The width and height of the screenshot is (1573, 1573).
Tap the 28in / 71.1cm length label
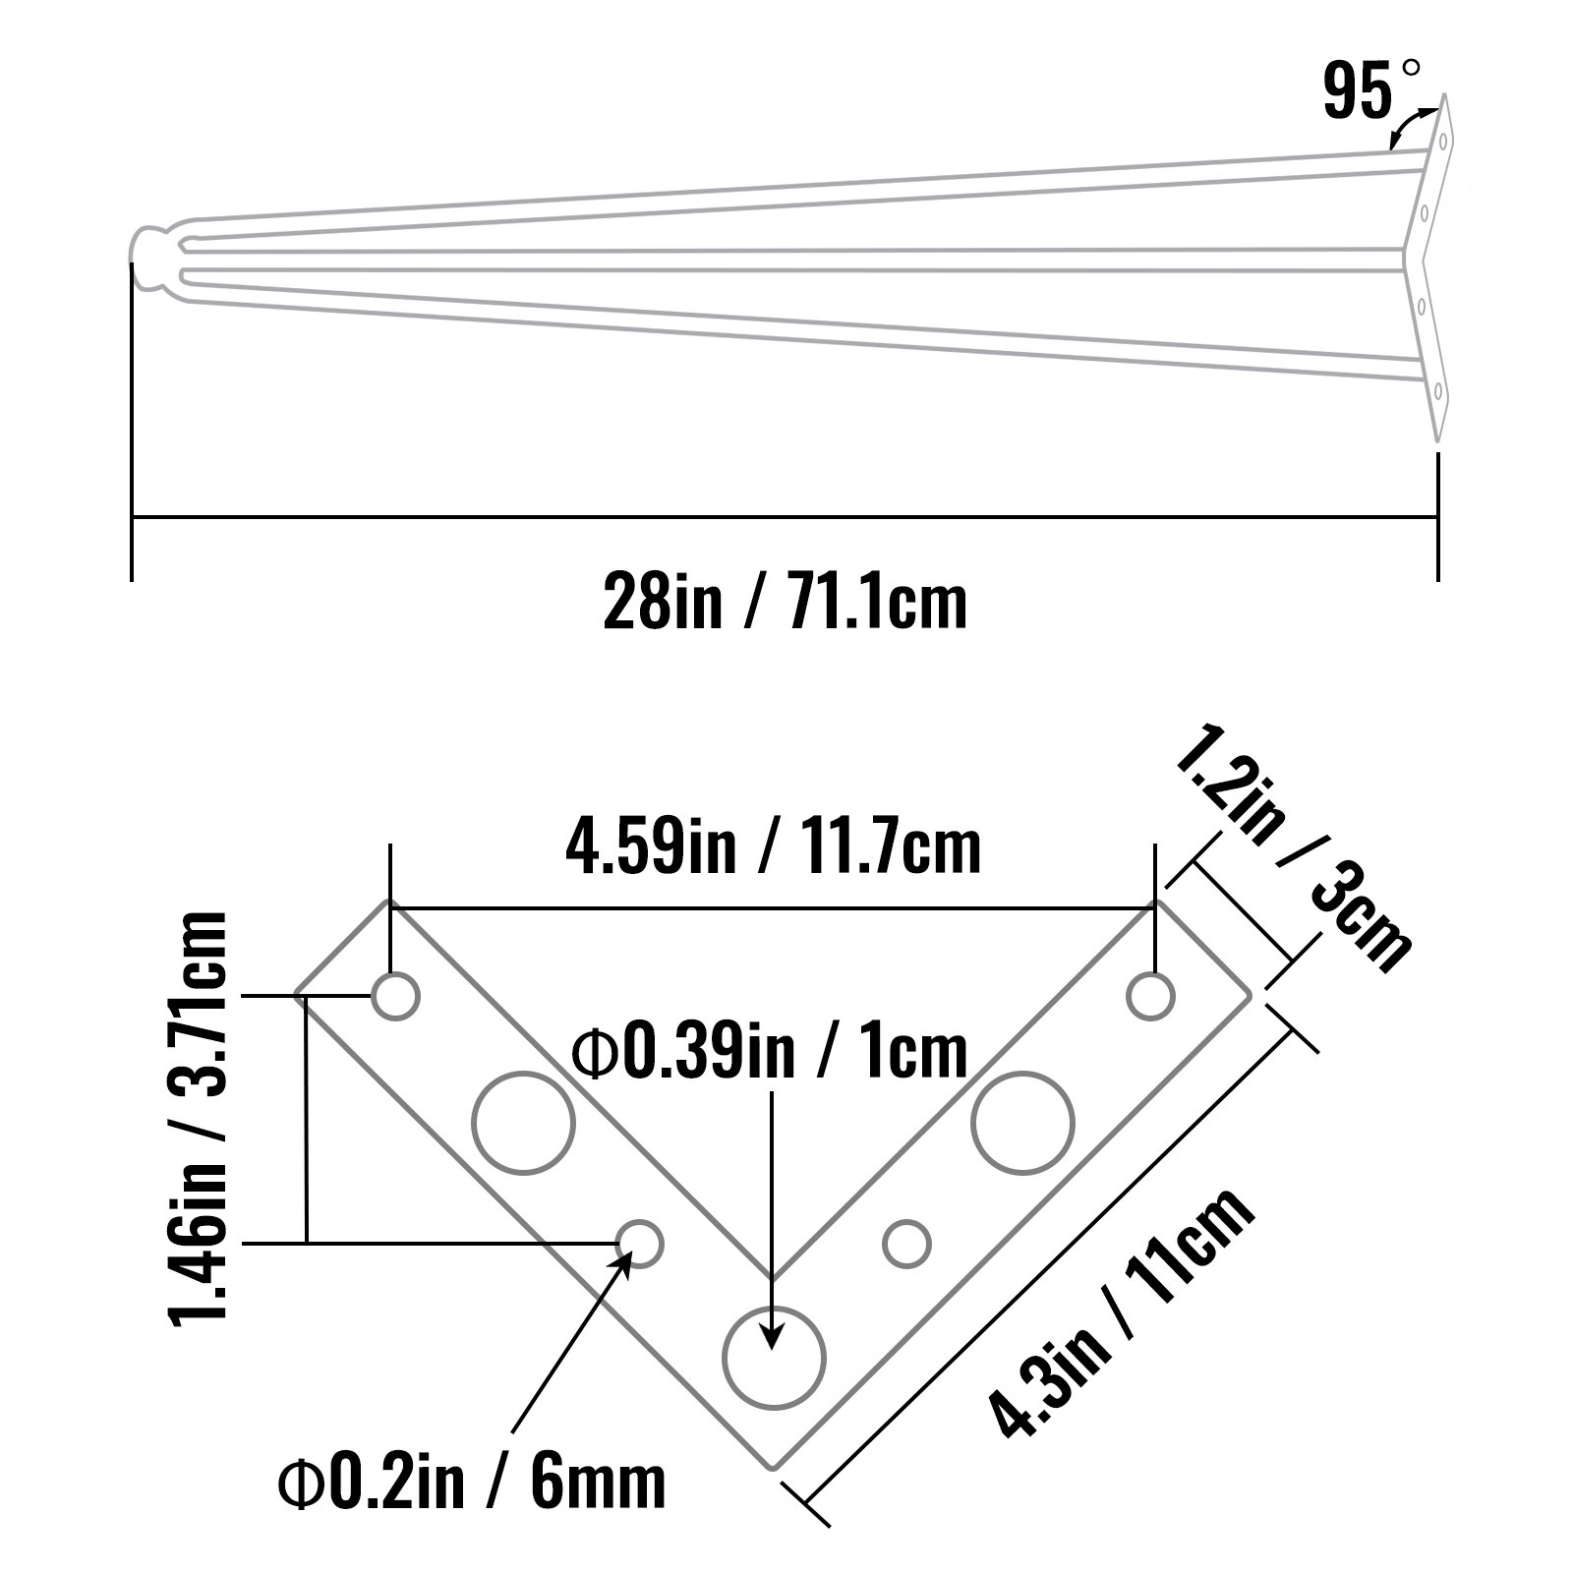785,601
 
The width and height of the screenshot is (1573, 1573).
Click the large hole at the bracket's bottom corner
773,1358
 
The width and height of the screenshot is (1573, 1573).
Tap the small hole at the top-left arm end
396,997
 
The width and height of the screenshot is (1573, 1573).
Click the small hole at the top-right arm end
1150,997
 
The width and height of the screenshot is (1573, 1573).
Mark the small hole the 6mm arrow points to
640,1244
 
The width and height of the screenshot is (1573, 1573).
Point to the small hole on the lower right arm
906,1244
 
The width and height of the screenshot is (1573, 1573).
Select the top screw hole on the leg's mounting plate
1442,141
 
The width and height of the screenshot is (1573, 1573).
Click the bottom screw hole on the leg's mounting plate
1437,391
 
